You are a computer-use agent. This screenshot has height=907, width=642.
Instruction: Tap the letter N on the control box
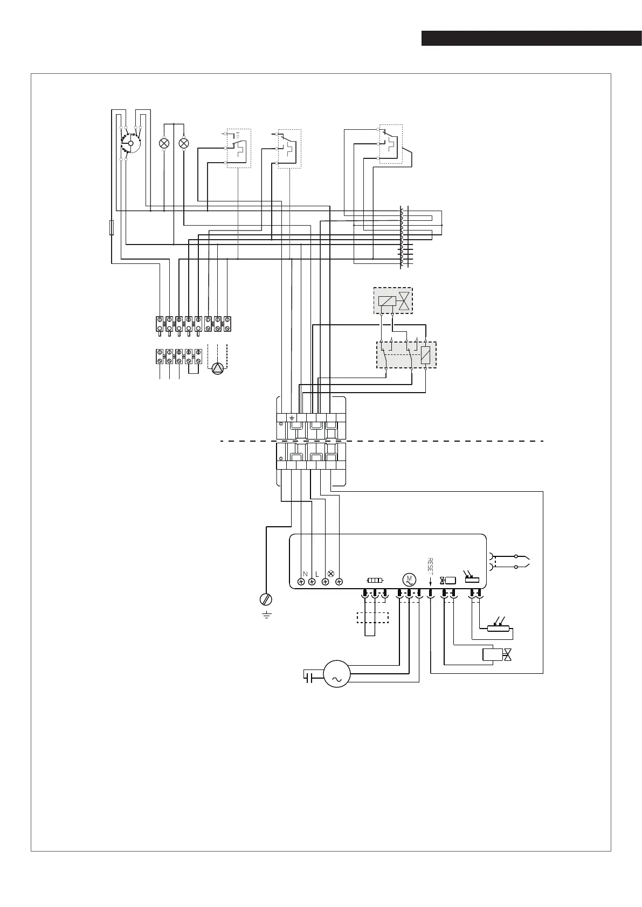point(305,574)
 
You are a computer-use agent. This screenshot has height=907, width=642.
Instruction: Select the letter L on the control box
point(317,574)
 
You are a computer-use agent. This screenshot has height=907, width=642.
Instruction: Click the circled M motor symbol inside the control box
point(408,580)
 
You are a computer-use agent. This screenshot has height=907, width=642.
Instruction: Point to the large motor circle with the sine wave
point(336,674)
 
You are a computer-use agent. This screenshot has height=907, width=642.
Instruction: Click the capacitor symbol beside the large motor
point(309,677)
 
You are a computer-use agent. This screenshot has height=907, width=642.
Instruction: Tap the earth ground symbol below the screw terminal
point(266,615)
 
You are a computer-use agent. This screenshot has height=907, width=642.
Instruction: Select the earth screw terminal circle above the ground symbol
point(266,599)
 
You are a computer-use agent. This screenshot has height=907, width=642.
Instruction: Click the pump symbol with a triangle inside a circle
point(217,368)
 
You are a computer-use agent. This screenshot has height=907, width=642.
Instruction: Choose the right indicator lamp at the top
point(184,144)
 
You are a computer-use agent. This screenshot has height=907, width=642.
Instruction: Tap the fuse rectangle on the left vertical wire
point(111,228)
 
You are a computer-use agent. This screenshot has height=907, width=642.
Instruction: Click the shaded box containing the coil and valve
point(393,301)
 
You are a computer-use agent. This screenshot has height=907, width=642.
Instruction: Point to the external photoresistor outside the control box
point(498,629)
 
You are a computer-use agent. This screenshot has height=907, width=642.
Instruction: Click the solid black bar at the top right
point(531,39)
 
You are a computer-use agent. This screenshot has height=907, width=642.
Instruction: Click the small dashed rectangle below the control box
point(372,618)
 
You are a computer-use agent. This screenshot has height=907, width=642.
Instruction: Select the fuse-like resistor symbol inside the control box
point(375,581)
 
